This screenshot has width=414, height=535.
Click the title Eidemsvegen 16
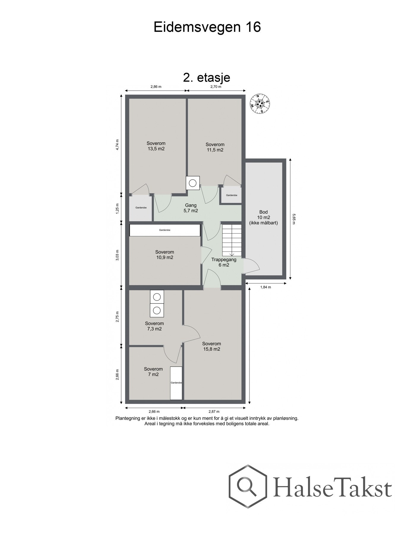[207, 27]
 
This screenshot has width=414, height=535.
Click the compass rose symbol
[259, 103]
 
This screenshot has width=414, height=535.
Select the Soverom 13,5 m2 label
[156, 146]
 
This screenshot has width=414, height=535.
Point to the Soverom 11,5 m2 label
[215, 147]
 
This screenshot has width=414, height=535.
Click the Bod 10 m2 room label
[263, 217]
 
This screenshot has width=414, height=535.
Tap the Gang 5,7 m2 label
[191, 208]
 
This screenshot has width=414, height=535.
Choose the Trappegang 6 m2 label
[224, 262]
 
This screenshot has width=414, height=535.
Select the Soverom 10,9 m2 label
[165, 255]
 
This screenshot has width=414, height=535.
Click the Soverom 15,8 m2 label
[211, 346]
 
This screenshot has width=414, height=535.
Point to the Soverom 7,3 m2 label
[154, 326]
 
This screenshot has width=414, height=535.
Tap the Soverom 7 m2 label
[153, 372]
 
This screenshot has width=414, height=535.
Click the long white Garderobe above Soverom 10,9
[165, 230]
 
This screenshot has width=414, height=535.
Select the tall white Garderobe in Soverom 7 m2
[176, 383]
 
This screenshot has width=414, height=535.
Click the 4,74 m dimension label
[118, 145]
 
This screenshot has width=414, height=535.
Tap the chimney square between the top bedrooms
[193, 183]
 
